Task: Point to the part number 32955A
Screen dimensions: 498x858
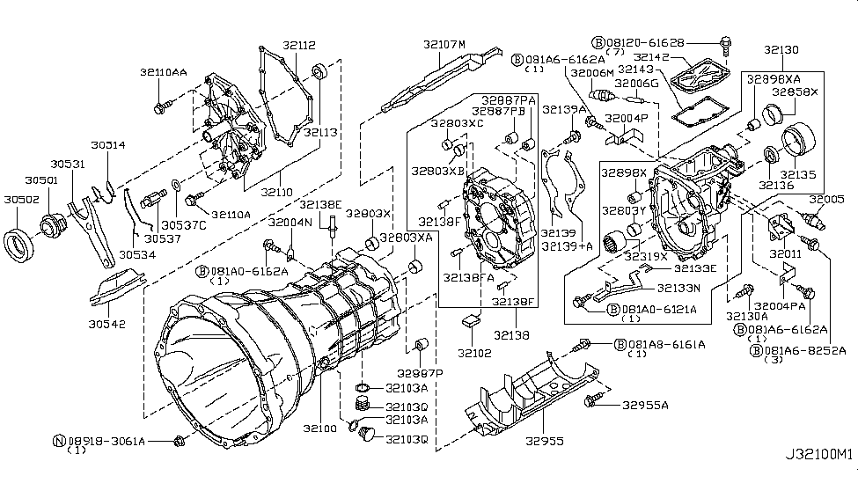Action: click(x=645, y=406)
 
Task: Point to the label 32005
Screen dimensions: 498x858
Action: click(x=827, y=200)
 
